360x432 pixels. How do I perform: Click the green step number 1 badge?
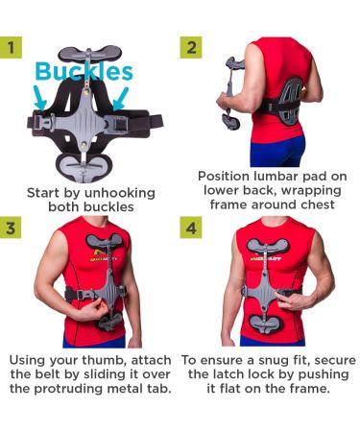click(12, 45)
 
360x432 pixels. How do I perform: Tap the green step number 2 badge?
click(190, 45)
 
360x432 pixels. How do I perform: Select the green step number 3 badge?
click(12, 228)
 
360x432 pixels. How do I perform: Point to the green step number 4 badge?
click(190, 228)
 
